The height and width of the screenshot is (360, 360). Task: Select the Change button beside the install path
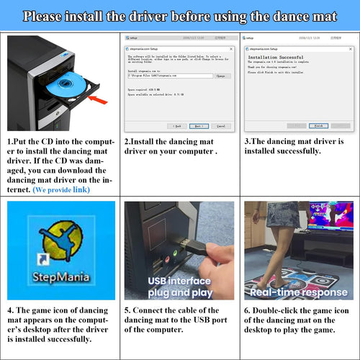click(x=222, y=76)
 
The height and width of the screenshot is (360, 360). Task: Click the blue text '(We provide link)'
click(x=62, y=189)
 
